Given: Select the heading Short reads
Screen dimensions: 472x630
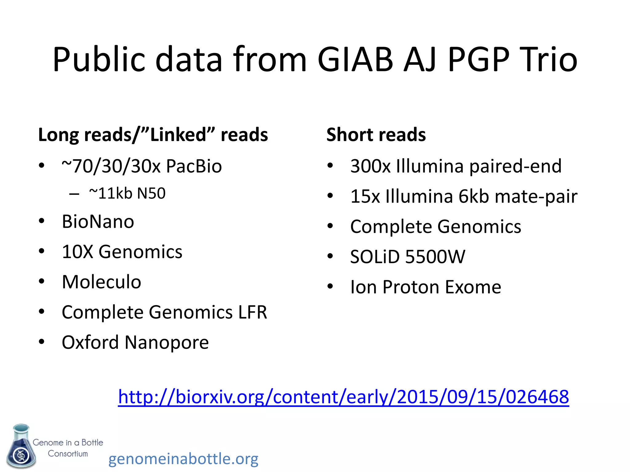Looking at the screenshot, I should (x=376, y=135).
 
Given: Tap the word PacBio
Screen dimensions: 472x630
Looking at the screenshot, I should (x=194, y=166).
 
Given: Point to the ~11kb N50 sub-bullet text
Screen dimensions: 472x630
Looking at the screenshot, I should (x=127, y=193).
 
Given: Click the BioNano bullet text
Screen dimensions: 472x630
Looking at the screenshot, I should (x=98, y=222).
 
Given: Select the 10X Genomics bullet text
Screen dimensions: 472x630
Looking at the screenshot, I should (x=122, y=252).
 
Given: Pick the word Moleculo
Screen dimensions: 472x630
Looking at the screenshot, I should (x=101, y=282).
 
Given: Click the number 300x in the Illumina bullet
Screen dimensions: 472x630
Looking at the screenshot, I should (x=370, y=166).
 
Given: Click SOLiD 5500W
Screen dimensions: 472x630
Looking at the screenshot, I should (x=408, y=257).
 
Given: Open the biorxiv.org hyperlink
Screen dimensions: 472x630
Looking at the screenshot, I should (x=343, y=397).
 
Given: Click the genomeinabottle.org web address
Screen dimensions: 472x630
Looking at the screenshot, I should (x=183, y=459).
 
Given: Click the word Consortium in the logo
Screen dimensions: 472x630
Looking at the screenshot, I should (x=68, y=454).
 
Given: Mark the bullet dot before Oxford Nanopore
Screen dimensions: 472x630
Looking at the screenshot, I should (x=42, y=342).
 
